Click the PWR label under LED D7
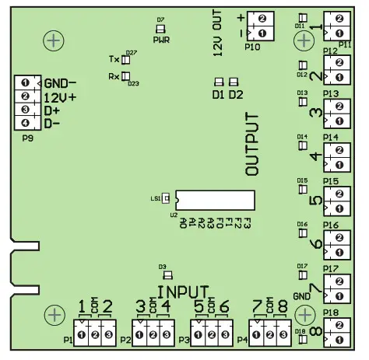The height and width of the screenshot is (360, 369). [x=162, y=39]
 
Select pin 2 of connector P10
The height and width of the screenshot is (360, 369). [x=262, y=18]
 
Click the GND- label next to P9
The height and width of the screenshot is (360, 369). [x=60, y=84]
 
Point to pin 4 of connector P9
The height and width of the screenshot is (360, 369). [x=25, y=123]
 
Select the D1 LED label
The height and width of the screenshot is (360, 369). [x=218, y=95]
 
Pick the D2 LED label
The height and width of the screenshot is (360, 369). [x=235, y=95]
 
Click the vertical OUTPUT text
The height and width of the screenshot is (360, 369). [x=252, y=145]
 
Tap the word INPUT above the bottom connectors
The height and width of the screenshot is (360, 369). [x=181, y=290]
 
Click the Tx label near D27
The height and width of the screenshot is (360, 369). [x=114, y=59]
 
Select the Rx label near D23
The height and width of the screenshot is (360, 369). [x=114, y=76]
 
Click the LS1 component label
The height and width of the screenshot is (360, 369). [x=155, y=199]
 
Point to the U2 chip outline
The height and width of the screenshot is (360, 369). [x=214, y=200]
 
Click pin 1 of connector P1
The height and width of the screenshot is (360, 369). [x=82, y=334]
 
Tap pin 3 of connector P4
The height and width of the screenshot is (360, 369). [x=283, y=334]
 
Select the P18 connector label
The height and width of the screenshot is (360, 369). [x=330, y=313]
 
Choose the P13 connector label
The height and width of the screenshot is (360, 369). [x=330, y=94]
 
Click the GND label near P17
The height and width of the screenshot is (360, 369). [x=302, y=296]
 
